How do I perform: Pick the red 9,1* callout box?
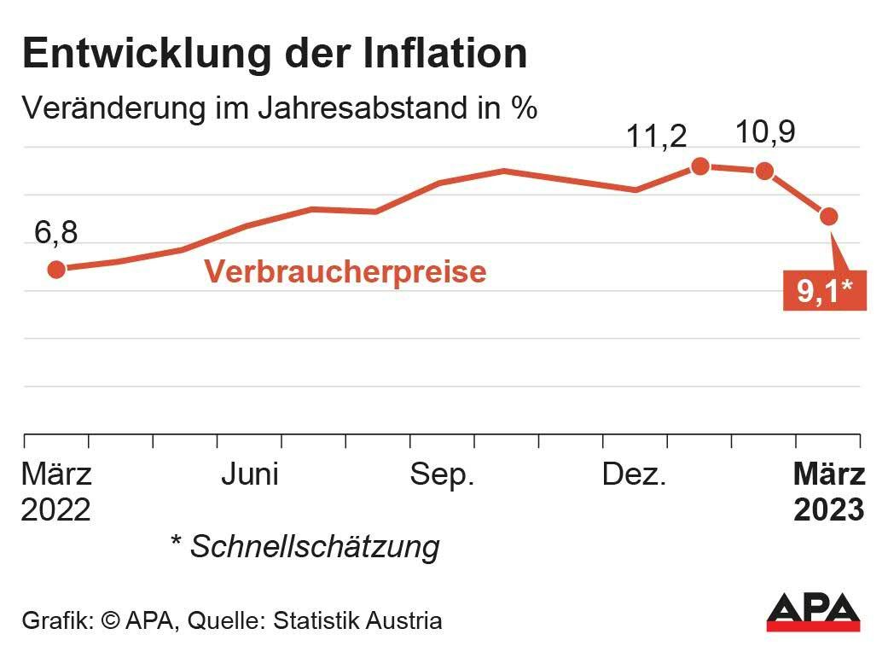(825, 292)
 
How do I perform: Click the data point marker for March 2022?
(56, 270)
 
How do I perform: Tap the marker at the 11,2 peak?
(700, 166)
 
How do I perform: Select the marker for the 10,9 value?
(764, 171)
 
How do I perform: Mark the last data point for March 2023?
(828, 217)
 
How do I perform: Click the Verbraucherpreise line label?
(345, 271)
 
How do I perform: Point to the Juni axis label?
(250, 474)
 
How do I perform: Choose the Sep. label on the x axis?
(442, 475)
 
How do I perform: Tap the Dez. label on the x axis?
(635, 474)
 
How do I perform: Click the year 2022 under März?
(55, 510)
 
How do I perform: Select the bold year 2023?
(829, 510)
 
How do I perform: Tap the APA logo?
(813, 612)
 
